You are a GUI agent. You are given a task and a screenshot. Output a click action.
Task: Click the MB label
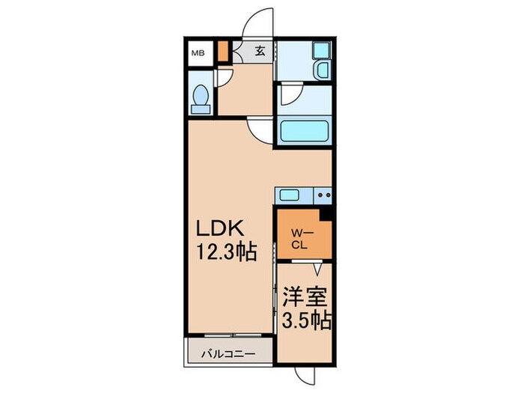pyautogui.click(x=197, y=52)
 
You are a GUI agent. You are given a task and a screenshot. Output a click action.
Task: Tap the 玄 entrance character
pyautogui.click(x=260, y=51)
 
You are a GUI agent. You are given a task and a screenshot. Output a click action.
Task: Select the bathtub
pyautogui.click(x=304, y=133)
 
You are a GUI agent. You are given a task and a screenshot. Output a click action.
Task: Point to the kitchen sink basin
pyautogui.click(x=290, y=195)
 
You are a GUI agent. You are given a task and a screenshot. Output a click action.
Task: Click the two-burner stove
pyautogui.click(x=323, y=195)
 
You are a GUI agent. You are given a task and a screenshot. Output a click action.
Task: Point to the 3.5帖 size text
pyautogui.click(x=305, y=322)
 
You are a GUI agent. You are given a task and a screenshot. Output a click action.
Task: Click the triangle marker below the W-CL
pyautogui.click(x=317, y=267)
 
